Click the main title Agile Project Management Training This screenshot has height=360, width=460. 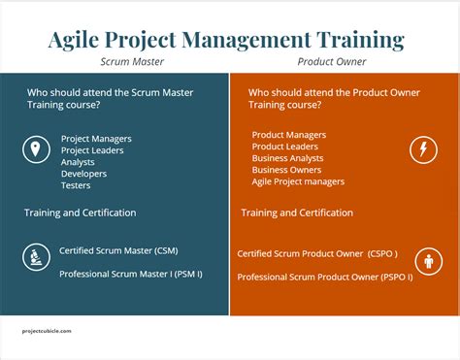(226, 40)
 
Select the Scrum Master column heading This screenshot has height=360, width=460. (133, 62)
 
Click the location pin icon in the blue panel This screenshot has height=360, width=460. (36, 149)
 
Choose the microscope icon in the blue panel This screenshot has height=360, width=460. (36, 257)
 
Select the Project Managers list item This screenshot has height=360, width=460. (96, 139)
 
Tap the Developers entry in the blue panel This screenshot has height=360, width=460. (83, 174)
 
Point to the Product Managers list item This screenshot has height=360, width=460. (289, 134)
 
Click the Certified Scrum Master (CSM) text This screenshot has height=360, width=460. (118, 249)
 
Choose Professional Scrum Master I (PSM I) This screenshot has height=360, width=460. (130, 274)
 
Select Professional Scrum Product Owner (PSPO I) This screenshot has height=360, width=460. (324, 277)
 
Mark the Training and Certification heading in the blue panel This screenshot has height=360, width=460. (81, 213)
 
